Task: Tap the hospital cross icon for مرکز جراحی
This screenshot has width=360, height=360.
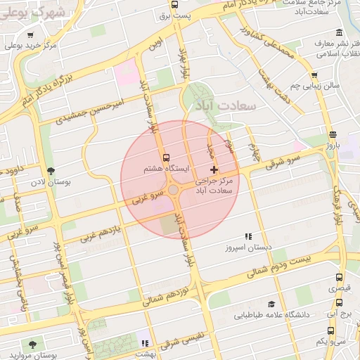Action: click(x=214, y=170)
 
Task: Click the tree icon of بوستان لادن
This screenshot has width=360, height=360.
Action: click(x=50, y=171)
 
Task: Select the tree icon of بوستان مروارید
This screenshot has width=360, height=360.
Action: click(x=32, y=344)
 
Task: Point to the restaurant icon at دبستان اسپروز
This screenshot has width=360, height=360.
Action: click(x=248, y=237)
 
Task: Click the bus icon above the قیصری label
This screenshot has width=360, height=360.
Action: click(x=340, y=278)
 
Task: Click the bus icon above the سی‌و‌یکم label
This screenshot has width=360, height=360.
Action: click(x=340, y=330)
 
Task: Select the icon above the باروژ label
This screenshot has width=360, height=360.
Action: click(x=332, y=134)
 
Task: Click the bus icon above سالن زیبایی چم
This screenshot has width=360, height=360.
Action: click(x=314, y=76)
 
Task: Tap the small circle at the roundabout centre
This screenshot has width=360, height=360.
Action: click(x=173, y=189)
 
